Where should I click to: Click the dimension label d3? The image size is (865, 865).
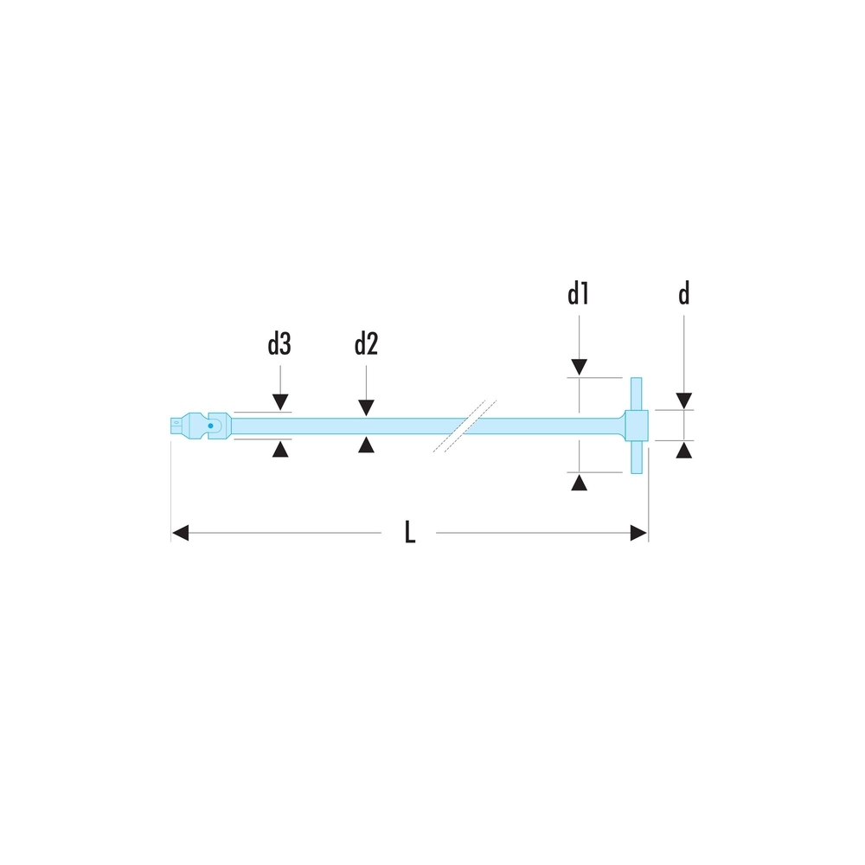point(279,346)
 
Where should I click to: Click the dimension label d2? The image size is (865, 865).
point(366,346)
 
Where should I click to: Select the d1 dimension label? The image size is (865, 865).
point(579,295)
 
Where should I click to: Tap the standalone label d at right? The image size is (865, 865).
point(683,295)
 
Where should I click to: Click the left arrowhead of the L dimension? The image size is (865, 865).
point(180,533)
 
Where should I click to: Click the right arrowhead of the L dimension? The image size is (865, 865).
point(639,533)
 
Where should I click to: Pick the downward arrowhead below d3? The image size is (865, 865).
point(279,402)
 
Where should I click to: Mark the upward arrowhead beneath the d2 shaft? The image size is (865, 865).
point(366,445)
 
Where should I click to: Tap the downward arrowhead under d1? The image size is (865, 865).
point(579,368)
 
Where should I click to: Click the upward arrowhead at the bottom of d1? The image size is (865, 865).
point(579,482)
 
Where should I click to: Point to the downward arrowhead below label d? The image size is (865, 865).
point(683,400)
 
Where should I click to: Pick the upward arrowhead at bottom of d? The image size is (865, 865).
point(683,450)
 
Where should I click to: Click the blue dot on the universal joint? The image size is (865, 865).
point(210,426)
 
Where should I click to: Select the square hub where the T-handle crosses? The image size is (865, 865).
point(637,425)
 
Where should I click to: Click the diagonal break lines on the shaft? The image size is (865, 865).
point(465,425)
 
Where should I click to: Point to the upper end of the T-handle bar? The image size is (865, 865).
point(637,386)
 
